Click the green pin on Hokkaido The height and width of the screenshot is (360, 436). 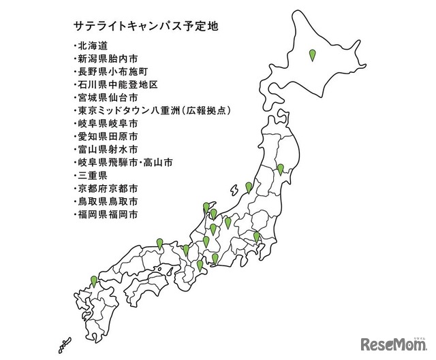click(x=313, y=55)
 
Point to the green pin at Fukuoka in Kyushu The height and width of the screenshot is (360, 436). click(x=94, y=280)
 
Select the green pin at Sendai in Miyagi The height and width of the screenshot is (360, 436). click(x=280, y=169)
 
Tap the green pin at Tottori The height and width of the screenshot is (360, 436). click(x=159, y=243)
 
